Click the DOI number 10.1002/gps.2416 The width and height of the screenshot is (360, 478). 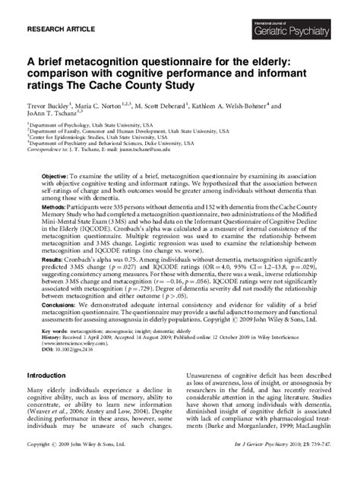pos(78,350)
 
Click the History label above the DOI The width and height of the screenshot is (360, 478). pos(52,338)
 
